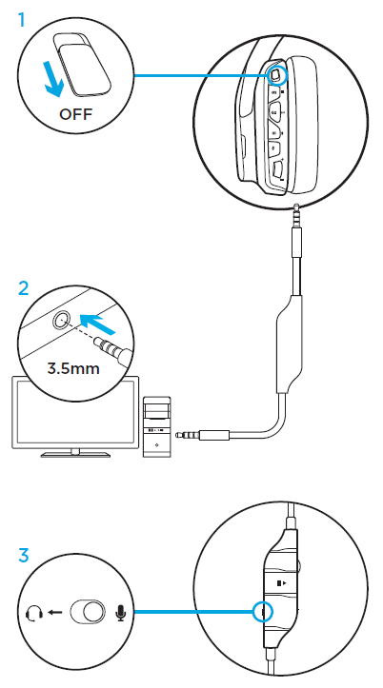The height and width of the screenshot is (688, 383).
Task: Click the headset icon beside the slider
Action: pos(33,612)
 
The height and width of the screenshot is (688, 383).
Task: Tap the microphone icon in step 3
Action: pos(120,612)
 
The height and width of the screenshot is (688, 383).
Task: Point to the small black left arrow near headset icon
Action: pos(53,612)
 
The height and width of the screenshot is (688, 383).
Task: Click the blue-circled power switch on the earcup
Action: pos(276,72)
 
